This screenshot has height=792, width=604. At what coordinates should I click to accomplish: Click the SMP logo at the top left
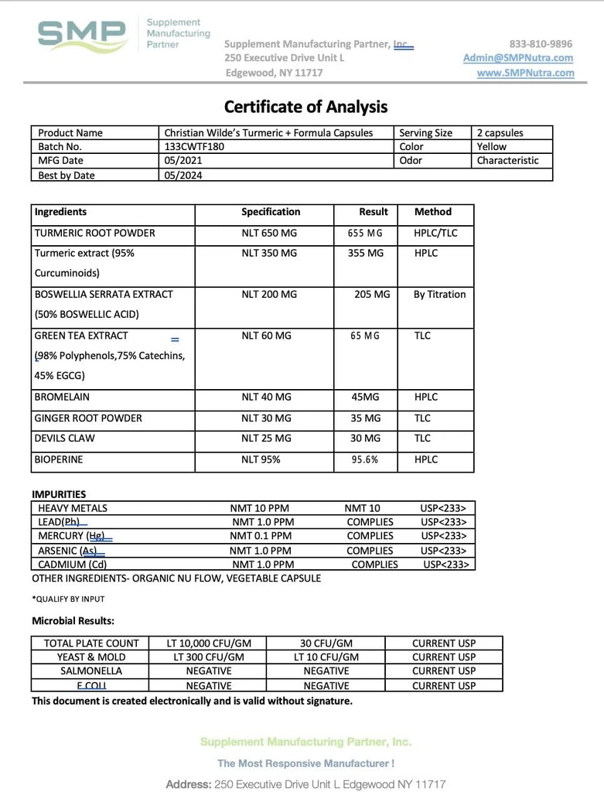click(x=83, y=36)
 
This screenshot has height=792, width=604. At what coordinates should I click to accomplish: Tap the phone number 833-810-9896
click(x=541, y=44)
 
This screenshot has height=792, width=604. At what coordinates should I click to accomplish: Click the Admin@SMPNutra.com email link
click(x=518, y=58)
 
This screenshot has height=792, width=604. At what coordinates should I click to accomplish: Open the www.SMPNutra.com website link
click(x=525, y=73)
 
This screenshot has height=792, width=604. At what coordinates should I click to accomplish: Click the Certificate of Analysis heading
click(x=305, y=107)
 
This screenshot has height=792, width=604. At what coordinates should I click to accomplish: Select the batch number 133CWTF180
click(x=194, y=147)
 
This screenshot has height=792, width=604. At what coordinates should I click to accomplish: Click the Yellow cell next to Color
click(x=492, y=147)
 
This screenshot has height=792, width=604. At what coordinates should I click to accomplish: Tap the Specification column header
click(x=271, y=212)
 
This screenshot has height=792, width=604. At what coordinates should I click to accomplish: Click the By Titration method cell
click(x=439, y=295)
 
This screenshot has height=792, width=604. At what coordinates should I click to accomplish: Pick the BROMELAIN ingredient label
click(x=62, y=398)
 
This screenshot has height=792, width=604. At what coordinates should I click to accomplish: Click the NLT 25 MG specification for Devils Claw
click(x=266, y=439)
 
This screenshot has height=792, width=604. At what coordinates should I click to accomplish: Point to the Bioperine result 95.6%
click(x=365, y=459)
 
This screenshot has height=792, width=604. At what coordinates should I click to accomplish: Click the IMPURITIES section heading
click(x=59, y=494)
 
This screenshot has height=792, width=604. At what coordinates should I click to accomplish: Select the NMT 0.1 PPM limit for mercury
click(x=261, y=536)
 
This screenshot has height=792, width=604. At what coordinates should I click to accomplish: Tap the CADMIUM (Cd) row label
click(x=72, y=565)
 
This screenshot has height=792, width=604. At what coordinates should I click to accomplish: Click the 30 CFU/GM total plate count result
click(x=326, y=643)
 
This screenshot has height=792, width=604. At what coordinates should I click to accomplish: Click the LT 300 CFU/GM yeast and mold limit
click(x=205, y=657)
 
